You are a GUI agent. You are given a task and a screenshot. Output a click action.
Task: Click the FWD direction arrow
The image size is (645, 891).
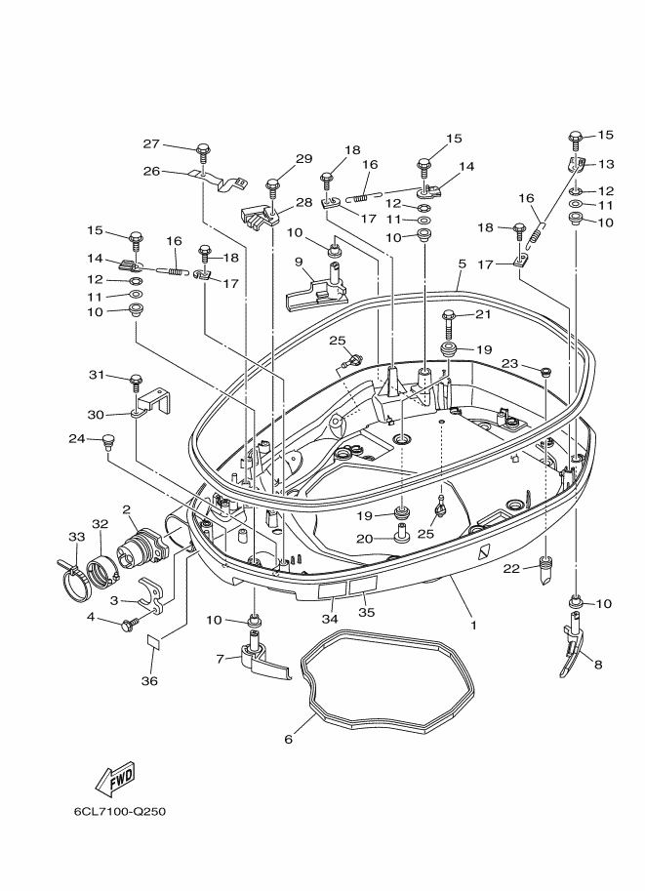click(x=114, y=781)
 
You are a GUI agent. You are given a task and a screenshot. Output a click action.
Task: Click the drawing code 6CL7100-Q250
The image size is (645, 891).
click(x=126, y=811)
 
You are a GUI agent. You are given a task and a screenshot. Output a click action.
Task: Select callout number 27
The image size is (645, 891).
click(x=151, y=143)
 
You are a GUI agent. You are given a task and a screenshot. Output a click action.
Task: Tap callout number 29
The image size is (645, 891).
click(x=303, y=159)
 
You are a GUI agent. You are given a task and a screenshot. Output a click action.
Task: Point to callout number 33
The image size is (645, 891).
click(x=76, y=537)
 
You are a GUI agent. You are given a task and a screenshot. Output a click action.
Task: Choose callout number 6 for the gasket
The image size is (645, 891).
click(x=288, y=739)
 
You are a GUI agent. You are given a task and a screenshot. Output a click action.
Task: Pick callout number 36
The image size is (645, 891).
click(x=148, y=680)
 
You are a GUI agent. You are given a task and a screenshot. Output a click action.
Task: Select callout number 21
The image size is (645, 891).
click(x=482, y=313)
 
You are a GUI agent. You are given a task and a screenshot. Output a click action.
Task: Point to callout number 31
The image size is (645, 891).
click(x=97, y=375)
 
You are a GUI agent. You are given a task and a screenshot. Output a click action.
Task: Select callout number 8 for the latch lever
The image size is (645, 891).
click(x=598, y=665)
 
